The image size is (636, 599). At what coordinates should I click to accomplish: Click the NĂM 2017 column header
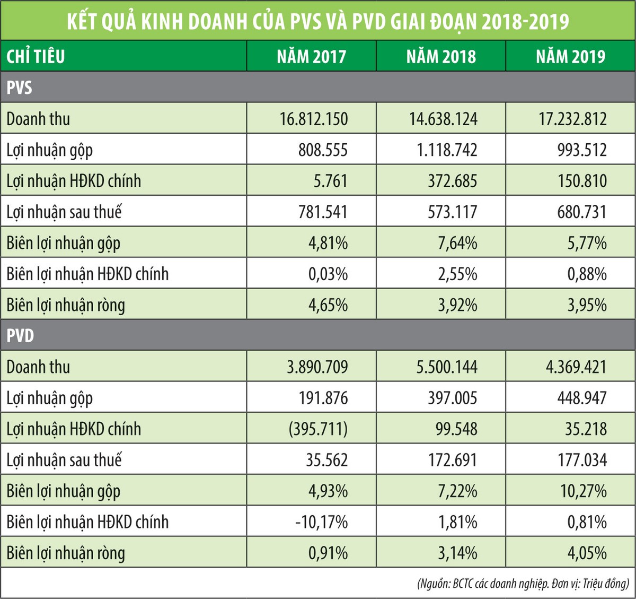312,56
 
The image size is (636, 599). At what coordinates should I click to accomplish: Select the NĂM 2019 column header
570,56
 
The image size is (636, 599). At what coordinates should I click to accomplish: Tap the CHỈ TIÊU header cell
36,56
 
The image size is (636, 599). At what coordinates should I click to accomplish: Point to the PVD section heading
20,335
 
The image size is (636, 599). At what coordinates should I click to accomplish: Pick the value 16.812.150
314,119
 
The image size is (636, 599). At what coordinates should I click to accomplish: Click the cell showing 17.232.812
572,119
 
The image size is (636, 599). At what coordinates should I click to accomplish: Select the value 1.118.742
444,150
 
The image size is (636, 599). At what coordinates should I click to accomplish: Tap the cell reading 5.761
330,181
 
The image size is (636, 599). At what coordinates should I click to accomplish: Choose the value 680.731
582,212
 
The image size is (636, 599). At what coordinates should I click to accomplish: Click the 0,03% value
328,274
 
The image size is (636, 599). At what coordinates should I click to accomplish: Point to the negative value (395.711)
318,429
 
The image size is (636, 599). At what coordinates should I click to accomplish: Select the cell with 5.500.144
447,367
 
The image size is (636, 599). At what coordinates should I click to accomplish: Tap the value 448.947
582,398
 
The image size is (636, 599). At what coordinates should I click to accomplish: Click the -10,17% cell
322,522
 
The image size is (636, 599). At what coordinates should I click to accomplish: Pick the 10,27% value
584,491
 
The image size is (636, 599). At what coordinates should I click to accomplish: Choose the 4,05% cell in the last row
587,553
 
